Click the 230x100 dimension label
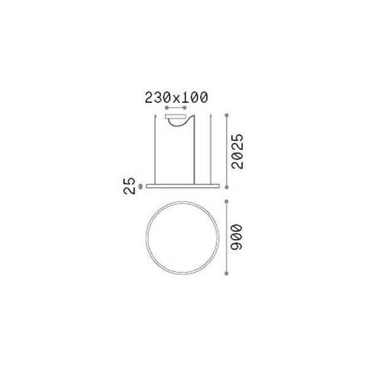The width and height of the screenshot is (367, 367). (176, 97)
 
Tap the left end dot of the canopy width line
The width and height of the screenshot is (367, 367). (167, 107)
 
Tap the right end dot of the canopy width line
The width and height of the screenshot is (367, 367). (187, 107)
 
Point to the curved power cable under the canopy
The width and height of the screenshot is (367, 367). (180, 124)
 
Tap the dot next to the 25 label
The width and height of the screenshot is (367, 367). (141, 185)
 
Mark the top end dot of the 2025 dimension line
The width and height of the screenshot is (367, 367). (228, 114)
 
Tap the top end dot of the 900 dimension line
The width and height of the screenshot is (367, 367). (228, 201)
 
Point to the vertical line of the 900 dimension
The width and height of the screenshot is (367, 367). (228, 237)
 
